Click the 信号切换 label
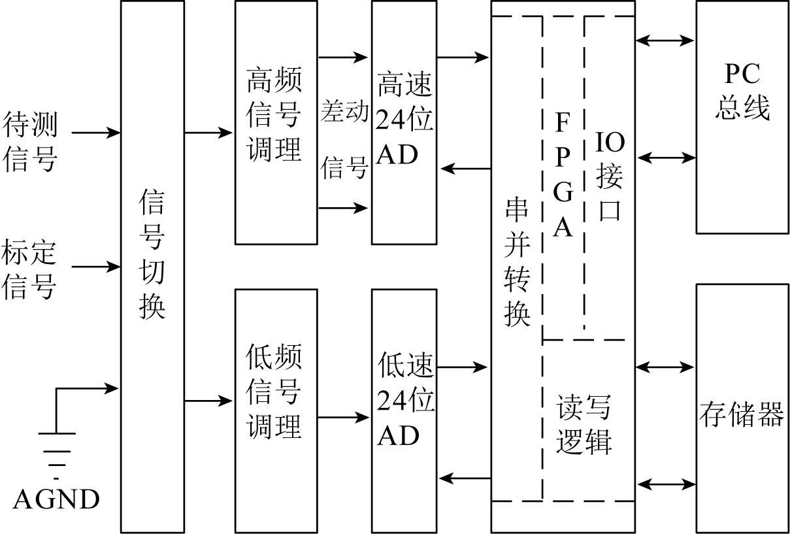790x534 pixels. (x=152, y=256)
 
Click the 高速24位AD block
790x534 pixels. (x=404, y=122)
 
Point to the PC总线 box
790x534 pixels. (x=742, y=92)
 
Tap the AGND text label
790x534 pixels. (x=56, y=499)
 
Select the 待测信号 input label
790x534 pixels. (x=30, y=142)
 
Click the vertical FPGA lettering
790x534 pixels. (x=563, y=175)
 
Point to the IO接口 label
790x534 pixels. (x=609, y=176)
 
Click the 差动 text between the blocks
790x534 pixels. (x=344, y=112)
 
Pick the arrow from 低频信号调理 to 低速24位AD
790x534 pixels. (x=344, y=417)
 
